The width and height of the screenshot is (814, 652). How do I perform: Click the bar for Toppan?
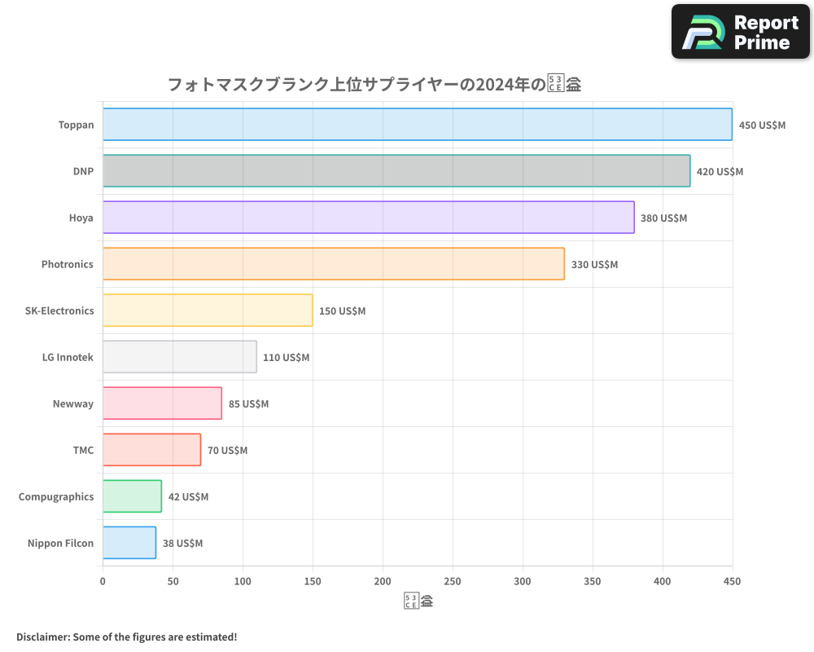[x=417, y=125]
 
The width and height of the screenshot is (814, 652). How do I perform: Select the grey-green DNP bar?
[x=396, y=171]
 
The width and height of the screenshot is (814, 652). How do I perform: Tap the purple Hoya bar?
[x=368, y=218]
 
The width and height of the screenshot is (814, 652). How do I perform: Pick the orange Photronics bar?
[x=333, y=264]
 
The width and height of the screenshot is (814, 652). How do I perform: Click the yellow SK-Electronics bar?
[x=208, y=311]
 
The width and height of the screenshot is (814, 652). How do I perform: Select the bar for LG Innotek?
[x=179, y=357]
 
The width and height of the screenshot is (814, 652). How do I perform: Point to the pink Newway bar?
[x=162, y=403]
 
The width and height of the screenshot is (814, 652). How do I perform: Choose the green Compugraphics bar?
[x=132, y=496]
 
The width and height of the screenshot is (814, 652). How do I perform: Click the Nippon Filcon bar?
[x=129, y=543]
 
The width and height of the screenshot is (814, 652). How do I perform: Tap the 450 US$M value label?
[x=762, y=126]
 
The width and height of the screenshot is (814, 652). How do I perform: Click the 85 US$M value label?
[x=248, y=404]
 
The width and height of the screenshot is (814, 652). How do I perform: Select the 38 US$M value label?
[x=182, y=544]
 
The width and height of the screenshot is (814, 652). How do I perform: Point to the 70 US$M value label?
[x=227, y=451]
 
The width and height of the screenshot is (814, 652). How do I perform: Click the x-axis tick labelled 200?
[x=383, y=582]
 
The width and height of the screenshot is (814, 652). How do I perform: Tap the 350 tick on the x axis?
[x=593, y=582]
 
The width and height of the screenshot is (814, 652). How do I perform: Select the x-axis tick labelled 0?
[x=103, y=582]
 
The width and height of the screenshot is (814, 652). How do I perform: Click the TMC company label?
[x=83, y=451]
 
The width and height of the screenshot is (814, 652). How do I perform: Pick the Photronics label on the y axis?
[x=68, y=265]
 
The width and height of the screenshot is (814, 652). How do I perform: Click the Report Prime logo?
[x=741, y=32]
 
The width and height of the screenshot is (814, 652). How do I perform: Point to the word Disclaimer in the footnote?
[x=42, y=637]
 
